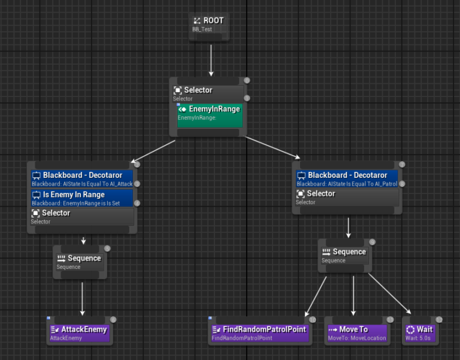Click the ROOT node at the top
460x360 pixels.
click(x=209, y=24)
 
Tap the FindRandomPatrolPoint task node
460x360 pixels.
click(x=259, y=333)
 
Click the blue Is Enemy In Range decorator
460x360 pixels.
click(x=83, y=198)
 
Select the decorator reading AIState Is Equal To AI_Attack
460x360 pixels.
click(x=83, y=179)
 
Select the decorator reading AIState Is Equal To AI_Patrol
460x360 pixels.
click(x=348, y=179)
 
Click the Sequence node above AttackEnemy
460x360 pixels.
click(x=80, y=262)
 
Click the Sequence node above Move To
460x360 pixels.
click(x=344, y=255)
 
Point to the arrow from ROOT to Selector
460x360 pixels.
click(x=211, y=60)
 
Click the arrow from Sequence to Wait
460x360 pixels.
click(x=389, y=294)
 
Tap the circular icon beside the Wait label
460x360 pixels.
click(x=410, y=329)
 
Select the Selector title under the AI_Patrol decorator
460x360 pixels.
click(x=321, y=194)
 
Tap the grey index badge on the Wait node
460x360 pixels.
click(x=439, y=320)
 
